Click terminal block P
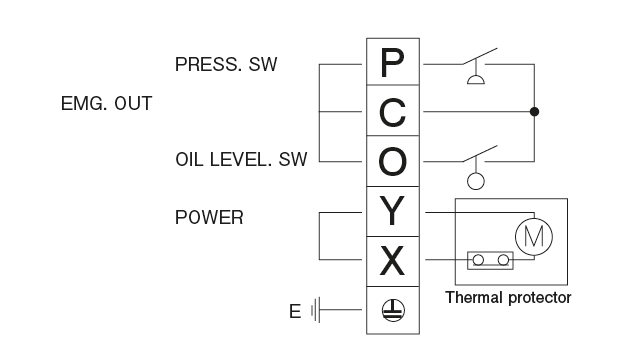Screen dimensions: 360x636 [394, 64]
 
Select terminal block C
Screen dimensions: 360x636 [394, 112]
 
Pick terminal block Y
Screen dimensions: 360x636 [394, 211]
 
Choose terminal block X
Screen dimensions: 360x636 [394, 260]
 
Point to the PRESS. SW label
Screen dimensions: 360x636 [225, 66]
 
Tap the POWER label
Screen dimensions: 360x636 [209, 217]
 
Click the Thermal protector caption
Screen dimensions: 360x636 [508, 297]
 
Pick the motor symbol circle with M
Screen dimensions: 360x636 [531, 234]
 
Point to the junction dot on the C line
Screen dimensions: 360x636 [536, 112]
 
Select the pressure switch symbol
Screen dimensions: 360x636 [478, 68]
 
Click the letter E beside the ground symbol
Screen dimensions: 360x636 [294, 311]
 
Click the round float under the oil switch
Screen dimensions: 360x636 [477, 180]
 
